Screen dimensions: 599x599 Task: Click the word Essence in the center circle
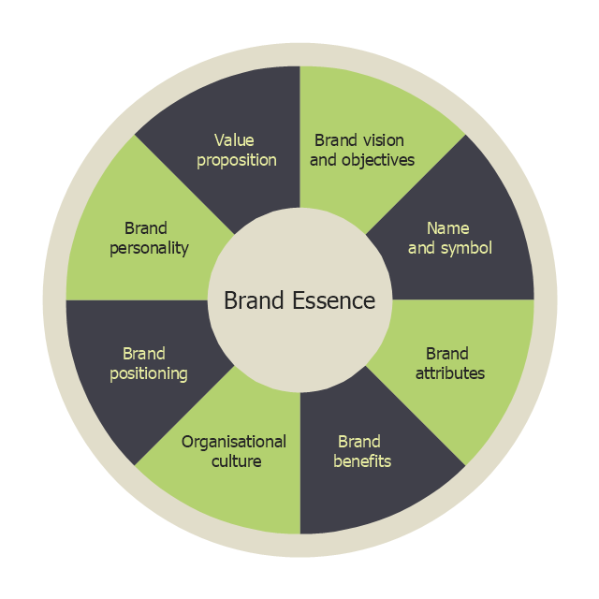pos(334,300)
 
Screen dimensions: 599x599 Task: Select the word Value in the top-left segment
pos(234,140)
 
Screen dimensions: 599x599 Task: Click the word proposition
pos(237,160)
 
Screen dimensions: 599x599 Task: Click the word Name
pos(447,228)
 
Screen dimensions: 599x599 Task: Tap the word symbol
pos(467,248)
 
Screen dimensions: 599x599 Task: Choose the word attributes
pos(450,373)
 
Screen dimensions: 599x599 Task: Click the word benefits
pos(362,461)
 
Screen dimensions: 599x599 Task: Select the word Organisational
pos(234,442)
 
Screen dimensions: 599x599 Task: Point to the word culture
pos(236,461)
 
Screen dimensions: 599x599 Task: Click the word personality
pos(149,248)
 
